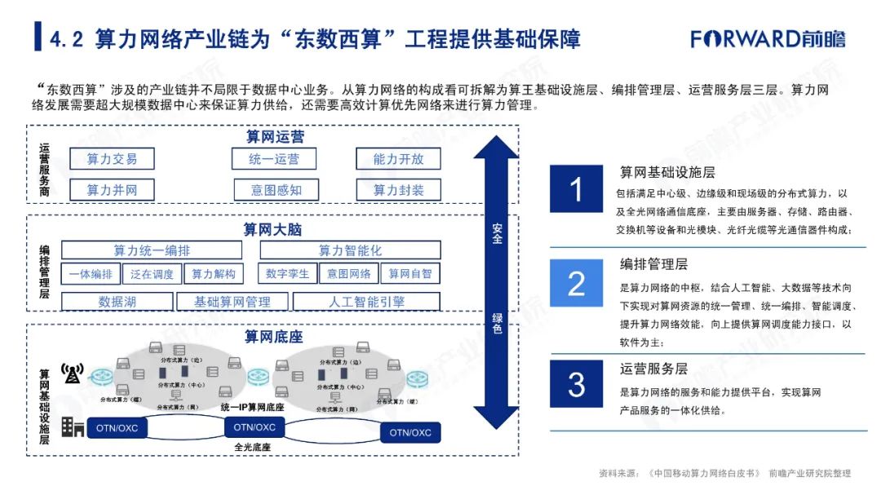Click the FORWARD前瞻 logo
[x=768, y=38]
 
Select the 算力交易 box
[x=112, y=159]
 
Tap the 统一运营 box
[x=274, y=159]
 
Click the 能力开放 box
[x=398, y=159]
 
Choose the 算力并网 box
[x=112, y=190]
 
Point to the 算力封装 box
[x=398, y=190]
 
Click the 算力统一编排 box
[x=152, y=250]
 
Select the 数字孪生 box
[x=287, y=274]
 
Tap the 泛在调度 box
[x=152, y=274]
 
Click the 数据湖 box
[x=117, y=302]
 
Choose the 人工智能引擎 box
[x=366, y=302]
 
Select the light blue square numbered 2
[x=576, y=284]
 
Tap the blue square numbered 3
[x=576, y=384]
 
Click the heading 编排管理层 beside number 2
[x=653, y=264]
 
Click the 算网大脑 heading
[x=272, y=230]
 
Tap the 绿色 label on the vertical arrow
[x=497, y=323]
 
